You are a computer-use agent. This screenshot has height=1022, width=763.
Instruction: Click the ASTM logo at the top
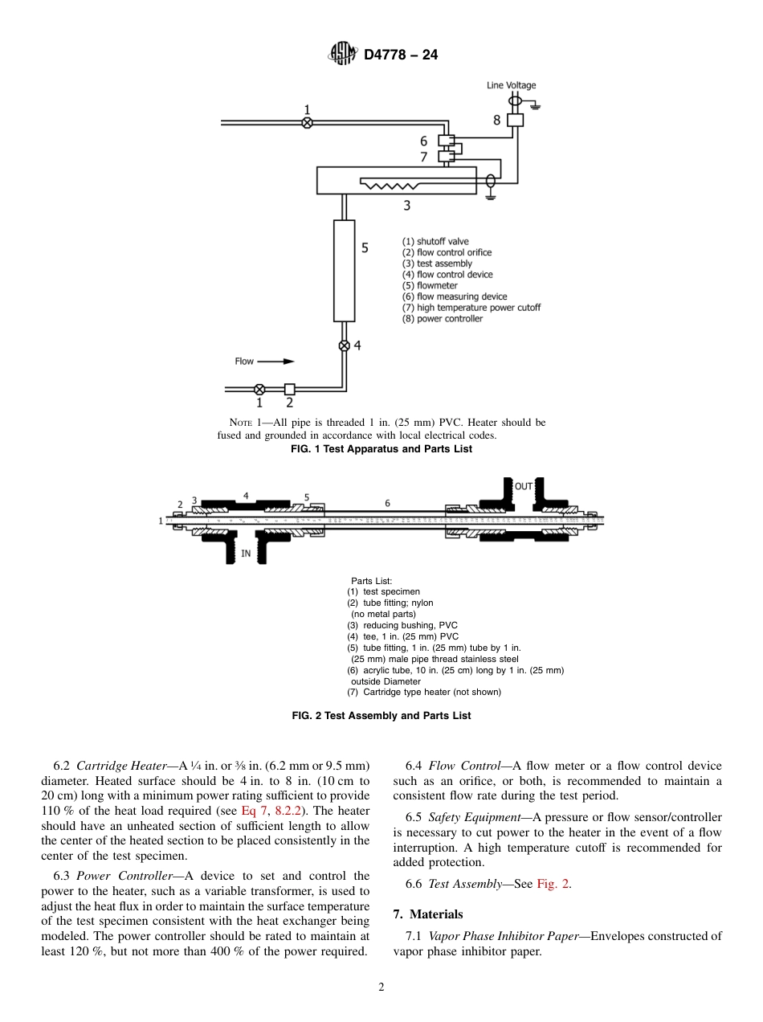tap(343, 55)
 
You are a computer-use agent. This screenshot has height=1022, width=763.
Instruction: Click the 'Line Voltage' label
tap(511, 85)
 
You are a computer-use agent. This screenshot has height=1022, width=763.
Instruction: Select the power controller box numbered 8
tap(516, 120)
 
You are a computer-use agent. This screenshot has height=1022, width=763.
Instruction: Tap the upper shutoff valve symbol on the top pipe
tap(306, 123)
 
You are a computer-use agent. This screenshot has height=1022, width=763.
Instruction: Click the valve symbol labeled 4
tap(344, 345)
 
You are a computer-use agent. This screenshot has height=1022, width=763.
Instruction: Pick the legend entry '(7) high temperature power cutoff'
tap(471, 308)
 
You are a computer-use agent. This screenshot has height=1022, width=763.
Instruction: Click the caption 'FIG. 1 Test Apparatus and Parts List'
tap(381, 449)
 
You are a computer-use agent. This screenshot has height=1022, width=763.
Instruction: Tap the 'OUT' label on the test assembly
tap(524, 486)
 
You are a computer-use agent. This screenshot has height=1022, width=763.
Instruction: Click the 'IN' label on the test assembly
tap(246, 553)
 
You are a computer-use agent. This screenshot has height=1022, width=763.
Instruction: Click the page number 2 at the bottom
tap(381, 988)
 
